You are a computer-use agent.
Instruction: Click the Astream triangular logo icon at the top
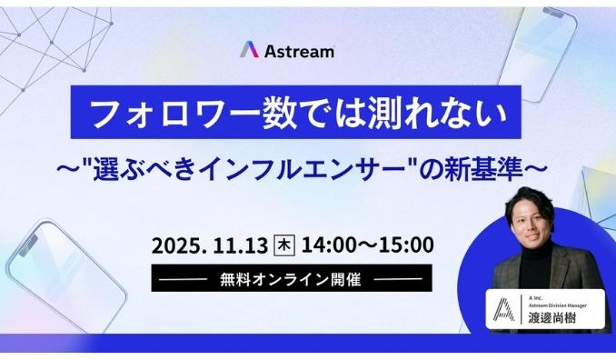tap(249, 49)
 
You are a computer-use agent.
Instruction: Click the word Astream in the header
tap(299, 50)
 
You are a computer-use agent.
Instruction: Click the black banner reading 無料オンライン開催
tap(291, 278)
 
